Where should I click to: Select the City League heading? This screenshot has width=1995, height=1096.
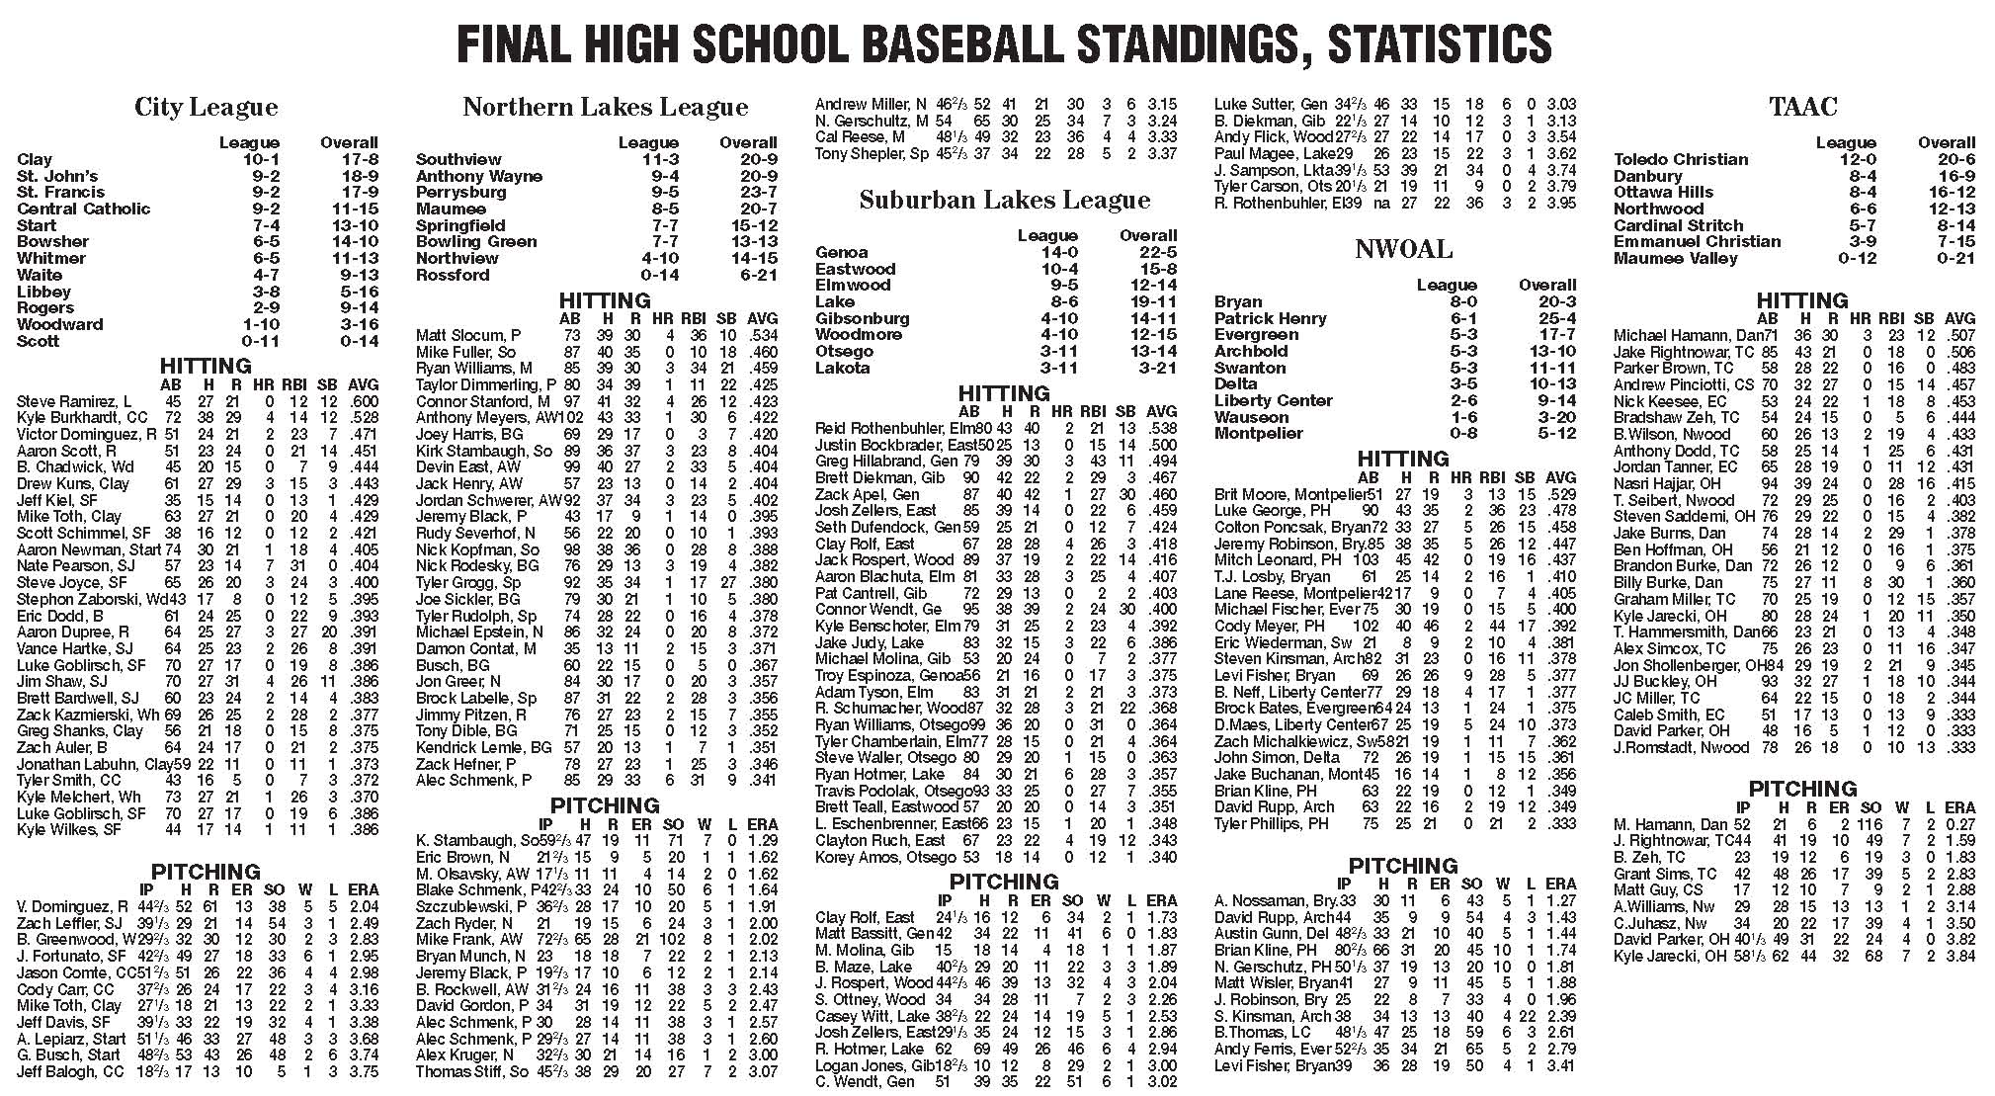(x=206, y=107)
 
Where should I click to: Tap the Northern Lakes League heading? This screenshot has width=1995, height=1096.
(x=605, y=107)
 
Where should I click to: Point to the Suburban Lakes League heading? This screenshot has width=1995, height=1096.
(x=1004, y=200)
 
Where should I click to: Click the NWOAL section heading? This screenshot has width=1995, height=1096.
(x=1403, y=249)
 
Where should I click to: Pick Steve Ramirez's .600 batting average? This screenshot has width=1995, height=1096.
(x=363, y=401)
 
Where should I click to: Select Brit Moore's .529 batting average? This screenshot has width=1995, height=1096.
(x=1560, y=494)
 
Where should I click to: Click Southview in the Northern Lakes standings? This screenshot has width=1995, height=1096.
(x=458, y=159)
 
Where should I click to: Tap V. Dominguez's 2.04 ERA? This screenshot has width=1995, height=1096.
(x=363, y=906)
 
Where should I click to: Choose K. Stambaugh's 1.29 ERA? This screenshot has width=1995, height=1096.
(x=762, y=840)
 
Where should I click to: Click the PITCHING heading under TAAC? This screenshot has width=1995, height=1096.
(x=1802, y=789)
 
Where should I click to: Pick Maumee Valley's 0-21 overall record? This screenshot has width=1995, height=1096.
(x=1947, y=258)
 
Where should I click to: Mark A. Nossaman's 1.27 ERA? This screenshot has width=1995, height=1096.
(x=1560, y=900)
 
